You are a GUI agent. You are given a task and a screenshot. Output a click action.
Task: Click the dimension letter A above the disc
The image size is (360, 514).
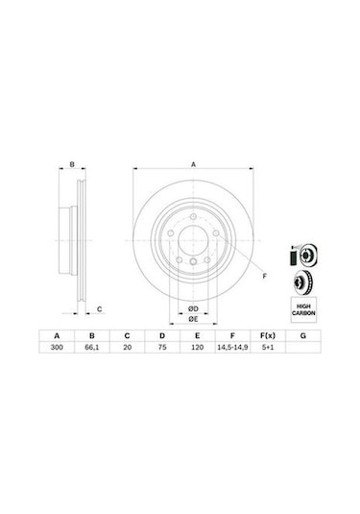coord(193,164)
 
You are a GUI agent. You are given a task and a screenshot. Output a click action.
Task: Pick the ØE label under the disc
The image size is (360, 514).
coord(192,318)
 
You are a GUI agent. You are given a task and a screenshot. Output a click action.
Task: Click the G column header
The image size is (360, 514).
coord(301,335)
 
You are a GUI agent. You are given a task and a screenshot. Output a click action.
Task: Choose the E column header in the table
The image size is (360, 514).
coord(196,335)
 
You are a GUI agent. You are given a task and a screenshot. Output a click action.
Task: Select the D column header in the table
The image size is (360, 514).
coord(161,335)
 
